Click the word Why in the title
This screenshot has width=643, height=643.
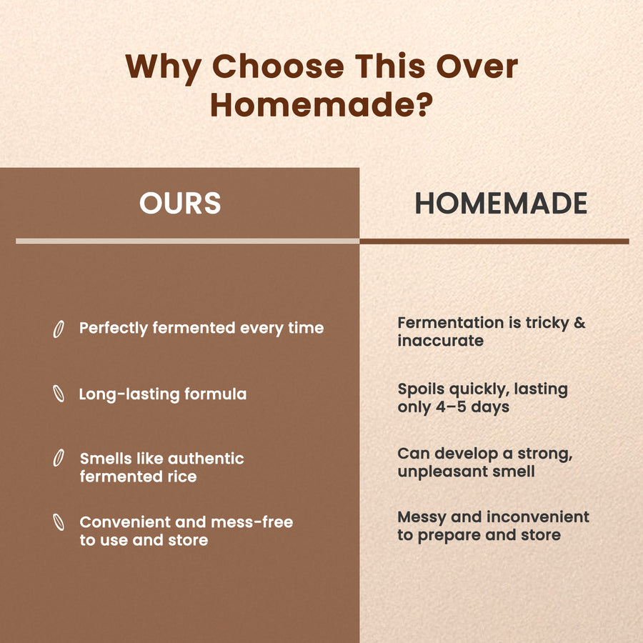(163, 68)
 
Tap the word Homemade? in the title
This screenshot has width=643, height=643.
(321, 105)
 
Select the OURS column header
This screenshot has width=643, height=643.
(180, 203)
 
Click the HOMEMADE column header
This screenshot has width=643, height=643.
(501, 203)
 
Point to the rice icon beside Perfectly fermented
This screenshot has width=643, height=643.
(59, 329)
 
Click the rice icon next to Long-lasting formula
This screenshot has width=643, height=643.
(59, 394)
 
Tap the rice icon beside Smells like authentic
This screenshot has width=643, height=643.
(59, 458)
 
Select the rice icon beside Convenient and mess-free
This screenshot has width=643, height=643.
(59, 522)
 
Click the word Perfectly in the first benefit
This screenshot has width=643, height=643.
(114, 329)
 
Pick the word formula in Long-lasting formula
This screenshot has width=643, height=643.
(215, 394)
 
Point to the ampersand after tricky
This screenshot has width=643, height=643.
(579, 323)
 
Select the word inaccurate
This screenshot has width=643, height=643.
(440, 340)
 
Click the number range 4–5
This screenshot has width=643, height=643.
(451, 407)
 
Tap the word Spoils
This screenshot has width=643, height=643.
(421, 389)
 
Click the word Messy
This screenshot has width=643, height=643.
(422, 518)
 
